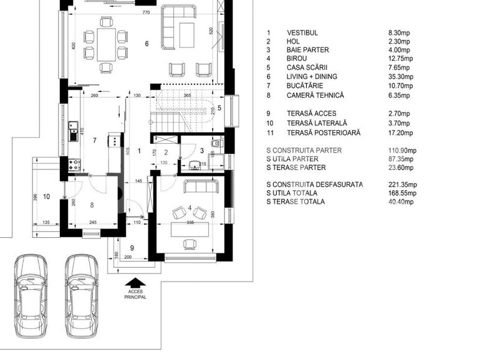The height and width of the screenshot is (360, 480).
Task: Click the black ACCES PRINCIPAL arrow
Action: point(136,282)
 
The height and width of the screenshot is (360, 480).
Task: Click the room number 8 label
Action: point(92,204)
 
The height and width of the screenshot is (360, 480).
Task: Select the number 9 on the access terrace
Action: point(132,247)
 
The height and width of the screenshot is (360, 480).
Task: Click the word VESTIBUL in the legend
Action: point(302,32)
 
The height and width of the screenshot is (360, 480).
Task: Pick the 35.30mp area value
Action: point(400,77)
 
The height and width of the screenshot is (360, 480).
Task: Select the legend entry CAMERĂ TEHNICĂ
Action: point(315,95)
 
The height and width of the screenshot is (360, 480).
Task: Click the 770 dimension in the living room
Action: point(146,12)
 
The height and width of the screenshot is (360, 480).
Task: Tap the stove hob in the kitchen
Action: point(74,165)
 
